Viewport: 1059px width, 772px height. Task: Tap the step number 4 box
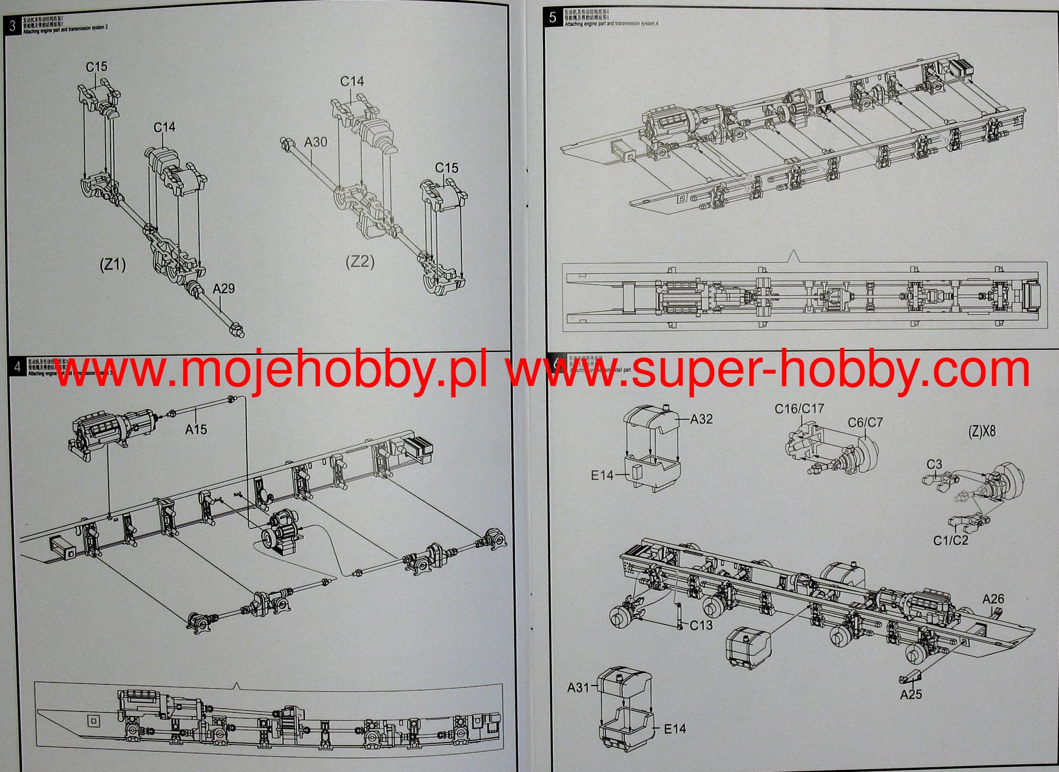click(x=18, y=367)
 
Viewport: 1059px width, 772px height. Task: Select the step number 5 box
click(x=552, y=18)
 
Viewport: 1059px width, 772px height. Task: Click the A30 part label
click(x=316, y=142)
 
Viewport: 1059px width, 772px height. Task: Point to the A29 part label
click(x=224, y=288)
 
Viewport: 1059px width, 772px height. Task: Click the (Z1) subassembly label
click(x=112, y=265)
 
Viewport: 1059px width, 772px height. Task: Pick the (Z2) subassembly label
click(x=360, y=262)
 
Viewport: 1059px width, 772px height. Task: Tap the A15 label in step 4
click(x=196, y=428)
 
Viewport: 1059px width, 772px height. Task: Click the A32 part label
click(x=701, y=419)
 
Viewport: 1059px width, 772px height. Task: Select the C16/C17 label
click(x=799, y=409)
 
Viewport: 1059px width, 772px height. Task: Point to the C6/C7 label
click(x=865, y=423)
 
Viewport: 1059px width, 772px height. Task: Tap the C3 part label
click(x=934, y=465)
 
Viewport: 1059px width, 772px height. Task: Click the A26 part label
click(x=993, y=599)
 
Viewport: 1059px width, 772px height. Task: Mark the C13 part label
click(x=701, y=625)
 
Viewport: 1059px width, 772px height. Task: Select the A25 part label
click(x=911, y=694)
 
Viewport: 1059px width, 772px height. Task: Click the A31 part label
click(x=578, y=688)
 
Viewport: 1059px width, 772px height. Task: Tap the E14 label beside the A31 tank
click(x=675, y=729)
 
